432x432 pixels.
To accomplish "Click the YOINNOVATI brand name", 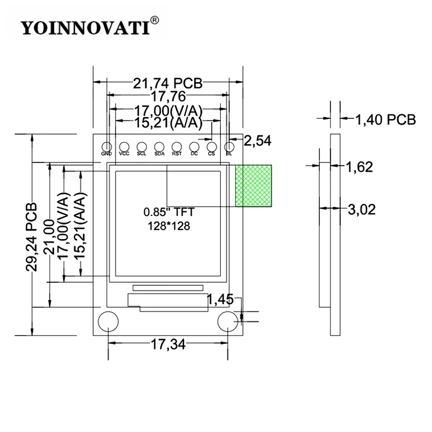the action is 85,28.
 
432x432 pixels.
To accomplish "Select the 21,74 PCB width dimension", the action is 168,83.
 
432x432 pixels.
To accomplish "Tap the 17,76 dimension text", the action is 168,97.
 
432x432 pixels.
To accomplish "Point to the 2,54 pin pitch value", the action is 258,141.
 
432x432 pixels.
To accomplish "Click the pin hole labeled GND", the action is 106,146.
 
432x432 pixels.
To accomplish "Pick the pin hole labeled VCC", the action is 124,146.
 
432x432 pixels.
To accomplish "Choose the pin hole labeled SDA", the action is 159,146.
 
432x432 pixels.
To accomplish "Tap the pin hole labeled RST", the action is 177,146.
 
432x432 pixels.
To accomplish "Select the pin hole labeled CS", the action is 212,146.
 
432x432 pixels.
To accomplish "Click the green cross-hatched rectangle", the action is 253,186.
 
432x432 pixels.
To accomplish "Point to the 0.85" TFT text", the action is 169,212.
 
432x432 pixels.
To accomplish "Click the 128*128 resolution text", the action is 169,226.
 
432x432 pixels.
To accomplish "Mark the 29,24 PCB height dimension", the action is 31,237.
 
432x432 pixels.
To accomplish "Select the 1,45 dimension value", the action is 220,300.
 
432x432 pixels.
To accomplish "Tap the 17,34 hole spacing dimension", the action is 168,345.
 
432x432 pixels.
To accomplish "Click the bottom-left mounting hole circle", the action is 109,321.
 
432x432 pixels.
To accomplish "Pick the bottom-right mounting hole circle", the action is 228,321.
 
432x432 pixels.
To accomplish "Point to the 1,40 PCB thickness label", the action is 386,120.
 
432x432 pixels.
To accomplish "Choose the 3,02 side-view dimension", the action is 362,210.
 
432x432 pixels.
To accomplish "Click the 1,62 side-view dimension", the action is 359,167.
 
